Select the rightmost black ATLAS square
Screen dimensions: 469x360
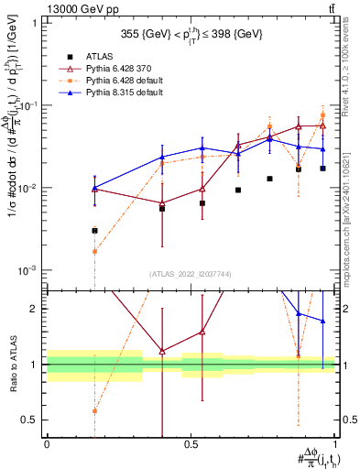pyautogui.click(x=322, y=169)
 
